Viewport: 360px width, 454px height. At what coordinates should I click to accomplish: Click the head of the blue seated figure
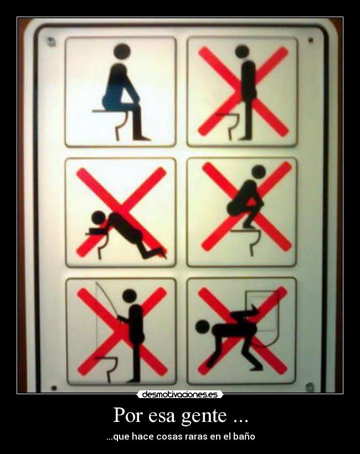pos(122,52)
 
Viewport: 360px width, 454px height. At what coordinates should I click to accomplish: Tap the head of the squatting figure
pos(259,172)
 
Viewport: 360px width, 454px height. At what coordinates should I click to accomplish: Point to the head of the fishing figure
pos(129,296)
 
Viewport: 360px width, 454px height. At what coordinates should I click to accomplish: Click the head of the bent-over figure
pos(202,327)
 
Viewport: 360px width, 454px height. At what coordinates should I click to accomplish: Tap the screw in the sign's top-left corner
pos(51,41)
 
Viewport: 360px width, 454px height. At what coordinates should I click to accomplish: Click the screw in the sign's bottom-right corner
pos(310,386)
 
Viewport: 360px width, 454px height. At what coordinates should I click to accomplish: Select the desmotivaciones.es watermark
pos(180,394)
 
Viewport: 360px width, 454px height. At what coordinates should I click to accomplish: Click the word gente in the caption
pos(204,416)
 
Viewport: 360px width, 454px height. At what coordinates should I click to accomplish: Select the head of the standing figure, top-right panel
pos(242,51)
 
